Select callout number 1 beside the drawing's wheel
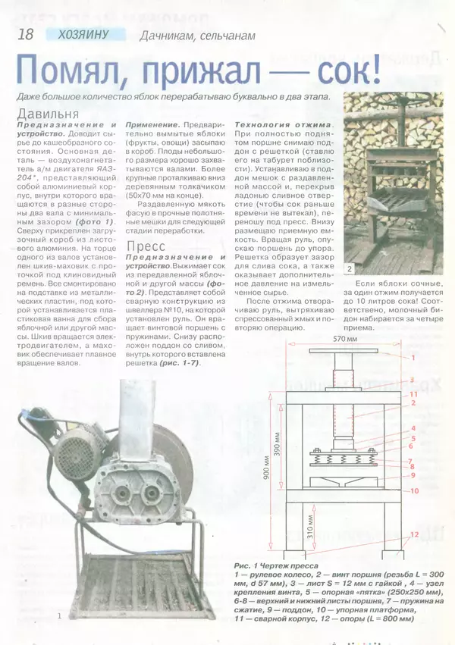tap(414, 356)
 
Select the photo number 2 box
tap(350, 268)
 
